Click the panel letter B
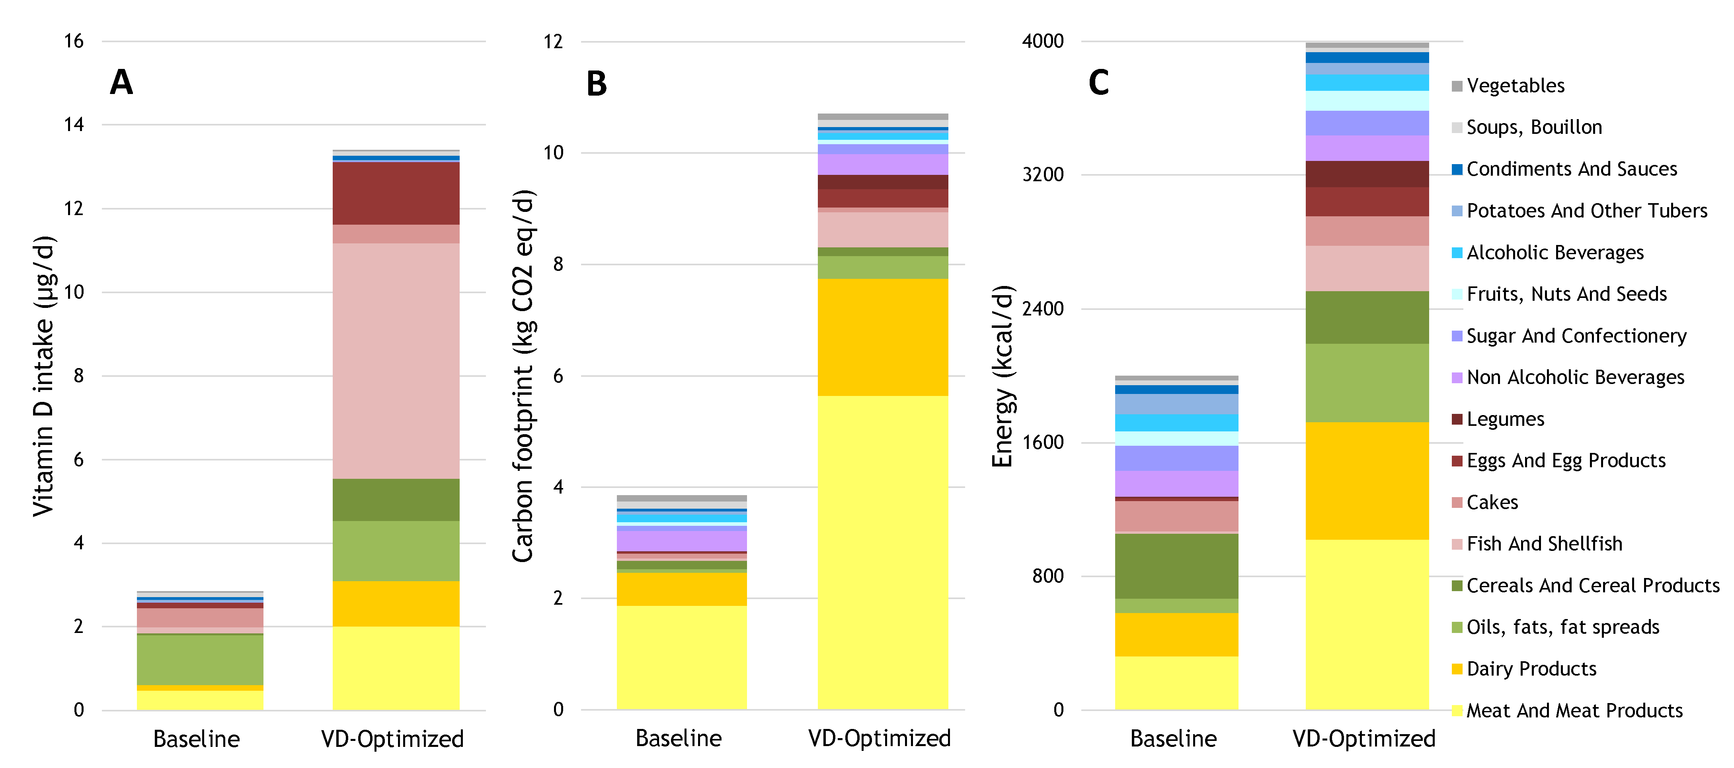(597, 84)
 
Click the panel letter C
(1098, 83)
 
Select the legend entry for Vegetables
(1515, 86)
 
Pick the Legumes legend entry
(1505, 419)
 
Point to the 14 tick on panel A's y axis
(74, 125)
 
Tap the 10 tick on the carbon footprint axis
(553, 153)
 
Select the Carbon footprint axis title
(523, 376)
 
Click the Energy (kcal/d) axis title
(1002, 376)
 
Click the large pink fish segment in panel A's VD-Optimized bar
(396, 360)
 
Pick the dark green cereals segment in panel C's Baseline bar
(1176, 566)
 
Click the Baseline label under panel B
(679, 739)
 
